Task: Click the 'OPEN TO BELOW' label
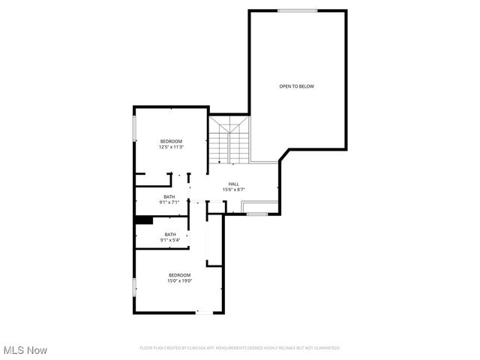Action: (296, 86)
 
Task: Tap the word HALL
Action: (234, 184)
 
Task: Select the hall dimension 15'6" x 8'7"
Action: (234, 190)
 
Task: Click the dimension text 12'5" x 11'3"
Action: (171, 147)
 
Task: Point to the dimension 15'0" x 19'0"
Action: (180, 280)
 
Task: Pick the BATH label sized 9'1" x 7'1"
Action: (170, 196)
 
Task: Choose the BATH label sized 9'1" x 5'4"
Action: (170, 234)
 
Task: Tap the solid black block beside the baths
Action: (144, 220)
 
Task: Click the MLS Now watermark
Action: (25, 350)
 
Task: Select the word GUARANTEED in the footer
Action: (325, 348)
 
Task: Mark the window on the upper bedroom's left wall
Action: (135, 127)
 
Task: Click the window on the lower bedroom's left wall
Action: (135, 288)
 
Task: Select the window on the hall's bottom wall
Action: (257, 214)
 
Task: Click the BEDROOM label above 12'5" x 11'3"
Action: (171, 141)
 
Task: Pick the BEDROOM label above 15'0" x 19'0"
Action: (180, 274)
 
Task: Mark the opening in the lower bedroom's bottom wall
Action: (204, 312)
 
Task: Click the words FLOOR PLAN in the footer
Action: (151, 348)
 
